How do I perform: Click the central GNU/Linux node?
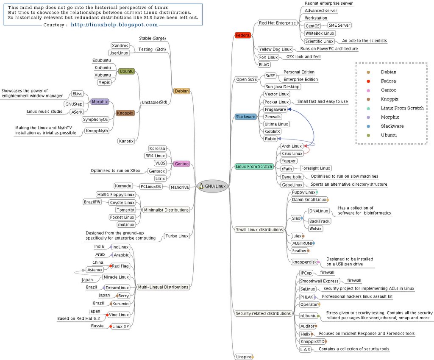(214, 186)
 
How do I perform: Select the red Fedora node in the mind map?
(243, 35)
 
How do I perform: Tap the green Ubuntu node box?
(126, 71)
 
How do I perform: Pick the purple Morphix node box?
(100, 102)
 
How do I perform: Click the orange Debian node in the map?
(181, 91)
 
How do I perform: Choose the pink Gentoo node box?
(181, 164)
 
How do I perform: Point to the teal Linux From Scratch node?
(254, 167)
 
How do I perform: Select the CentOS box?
(312, 26)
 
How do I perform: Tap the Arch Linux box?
(292, 146)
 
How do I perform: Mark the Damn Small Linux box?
(309, 200)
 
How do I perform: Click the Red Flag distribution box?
(120, 266)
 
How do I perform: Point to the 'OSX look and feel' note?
(303, 57)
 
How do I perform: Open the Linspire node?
(243, 357)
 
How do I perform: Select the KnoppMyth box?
(97, 131)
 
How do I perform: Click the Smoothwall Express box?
(319, 281)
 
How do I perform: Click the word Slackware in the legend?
(392, 126)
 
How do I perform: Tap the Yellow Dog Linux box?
(275, 50)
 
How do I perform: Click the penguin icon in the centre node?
(201, 186)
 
